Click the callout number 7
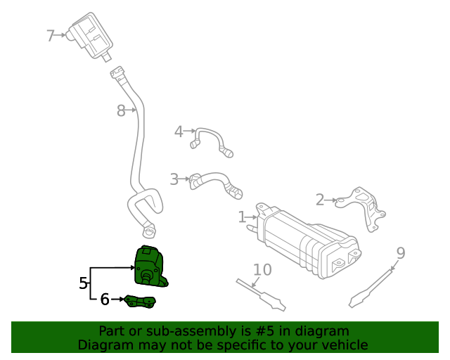coord(51,35)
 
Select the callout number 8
coord(121,110)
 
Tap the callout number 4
coord(179,131)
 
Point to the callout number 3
coord(174,179)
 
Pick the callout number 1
coord(242,217)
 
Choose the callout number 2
coord(320,200)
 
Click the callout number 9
coord(400,253)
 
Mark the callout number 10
coord(262,270)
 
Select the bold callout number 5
coord(84,283)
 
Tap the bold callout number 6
coord(105,300)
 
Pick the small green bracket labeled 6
coord(140,302)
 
